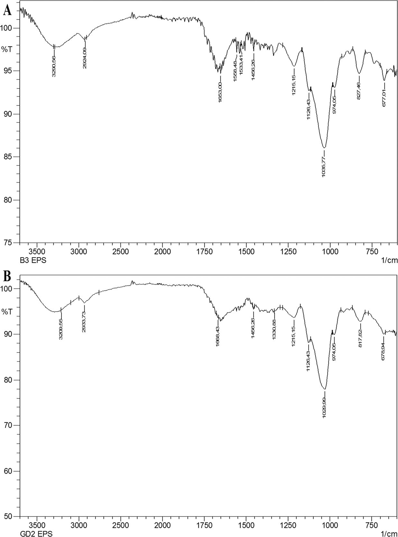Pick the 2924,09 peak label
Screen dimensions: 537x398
click(85, 58)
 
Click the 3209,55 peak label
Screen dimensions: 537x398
click(61, 329)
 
